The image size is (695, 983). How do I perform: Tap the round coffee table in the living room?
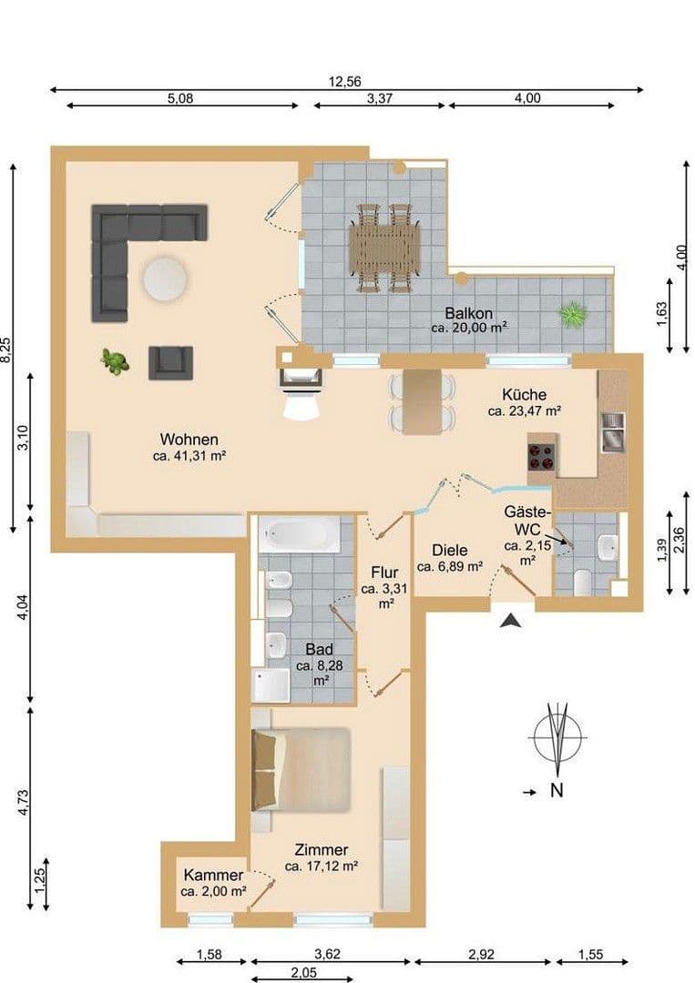point(164,279)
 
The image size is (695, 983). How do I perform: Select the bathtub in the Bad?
point(299,534)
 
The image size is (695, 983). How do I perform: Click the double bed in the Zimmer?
point(302,769)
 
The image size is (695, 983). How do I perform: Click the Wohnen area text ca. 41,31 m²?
point(189,456)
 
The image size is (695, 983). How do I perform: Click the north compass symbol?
point(557,735)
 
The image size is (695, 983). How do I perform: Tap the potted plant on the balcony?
point(572,315)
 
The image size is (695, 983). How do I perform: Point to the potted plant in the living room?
point(115,361)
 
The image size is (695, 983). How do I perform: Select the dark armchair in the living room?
point(170,361)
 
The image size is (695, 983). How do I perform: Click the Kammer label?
point(213,875)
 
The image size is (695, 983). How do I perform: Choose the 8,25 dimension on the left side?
point(8,350)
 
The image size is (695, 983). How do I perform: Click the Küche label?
point(524,394)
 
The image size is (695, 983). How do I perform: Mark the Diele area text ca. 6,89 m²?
point(448,566)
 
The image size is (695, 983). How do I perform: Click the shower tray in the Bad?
point(271,685)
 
